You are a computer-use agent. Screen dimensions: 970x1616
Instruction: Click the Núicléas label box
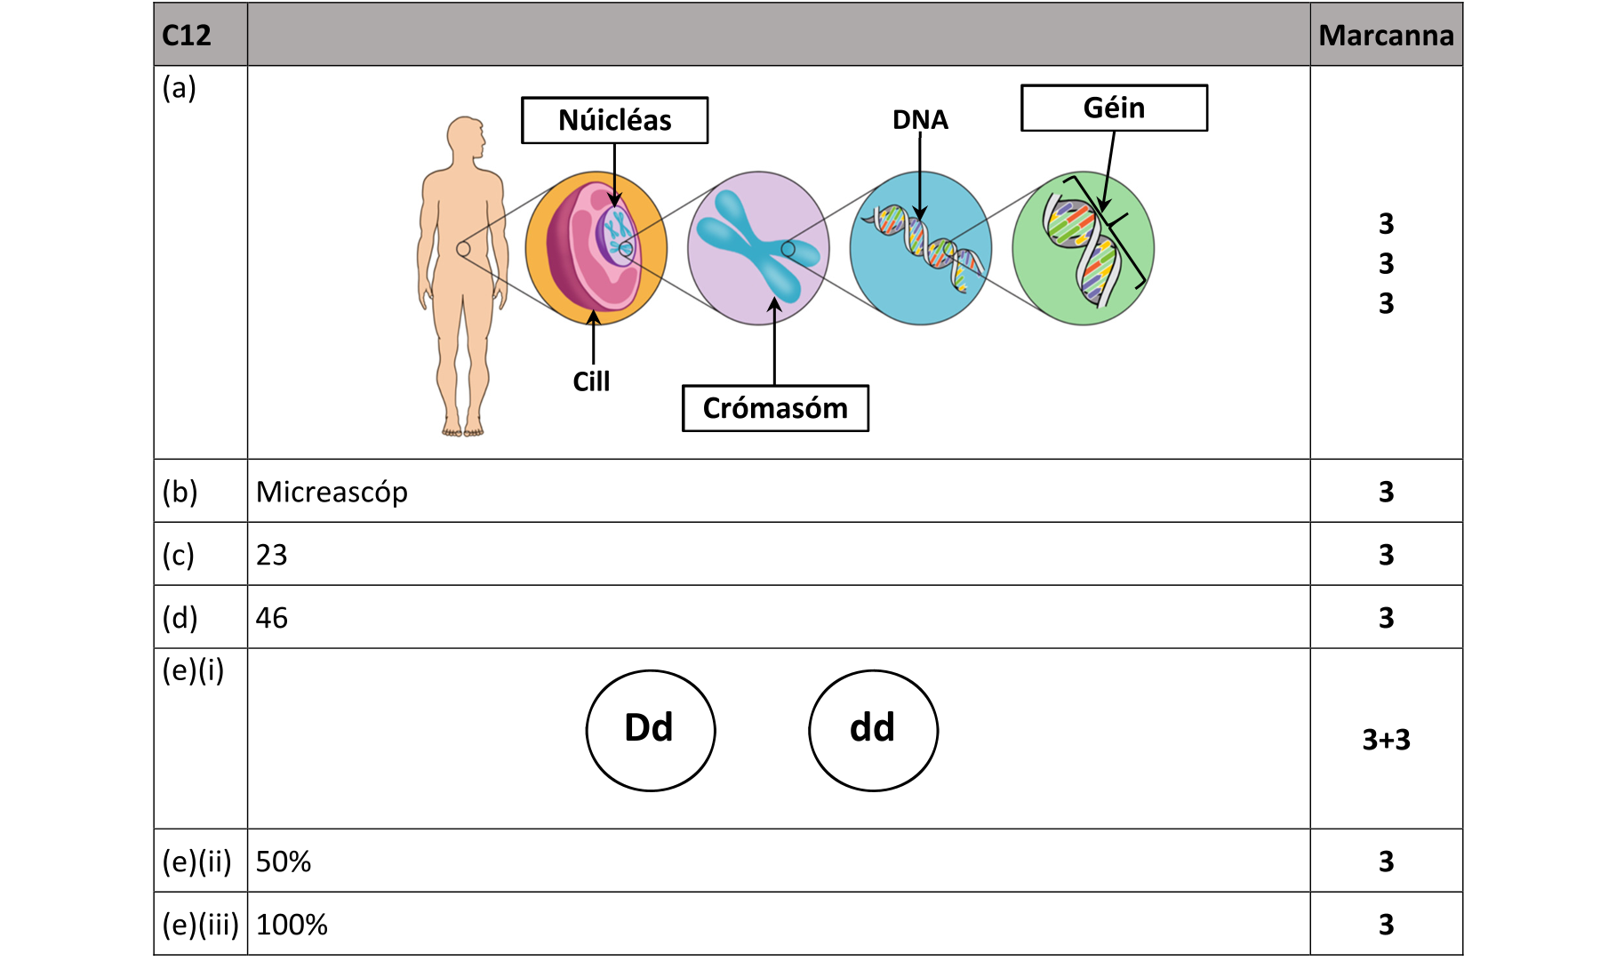coord(614,120)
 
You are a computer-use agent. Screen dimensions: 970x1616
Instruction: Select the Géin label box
coord(1114,108)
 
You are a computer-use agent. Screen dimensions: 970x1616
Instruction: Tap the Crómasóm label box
coord(775,408)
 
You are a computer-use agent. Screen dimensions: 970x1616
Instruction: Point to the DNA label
coord(920,120)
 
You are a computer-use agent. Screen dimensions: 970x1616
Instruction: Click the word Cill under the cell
coord(591,381)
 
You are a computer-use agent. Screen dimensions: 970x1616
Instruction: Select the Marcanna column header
coord(1386,36)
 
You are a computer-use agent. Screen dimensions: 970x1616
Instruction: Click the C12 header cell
coord(187,36)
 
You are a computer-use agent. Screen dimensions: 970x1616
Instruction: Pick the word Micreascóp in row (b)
coord(332,492)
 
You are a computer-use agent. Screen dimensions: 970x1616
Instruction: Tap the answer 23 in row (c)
coord(272,555)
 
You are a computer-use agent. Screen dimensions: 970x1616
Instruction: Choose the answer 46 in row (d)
coord(272,618)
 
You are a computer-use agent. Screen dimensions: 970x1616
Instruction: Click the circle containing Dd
coord(651,730)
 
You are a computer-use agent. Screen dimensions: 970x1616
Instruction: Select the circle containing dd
coord(873,730)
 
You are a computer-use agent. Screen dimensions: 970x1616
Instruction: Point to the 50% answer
coord(284,862)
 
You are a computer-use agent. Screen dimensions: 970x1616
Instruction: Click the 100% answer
coord(292,925)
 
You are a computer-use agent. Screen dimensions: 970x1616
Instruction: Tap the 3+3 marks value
coord(1386,740)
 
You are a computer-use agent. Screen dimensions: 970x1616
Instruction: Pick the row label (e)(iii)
coord(201,925)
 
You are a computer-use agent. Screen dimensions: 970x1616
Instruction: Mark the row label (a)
coord(179,88)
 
